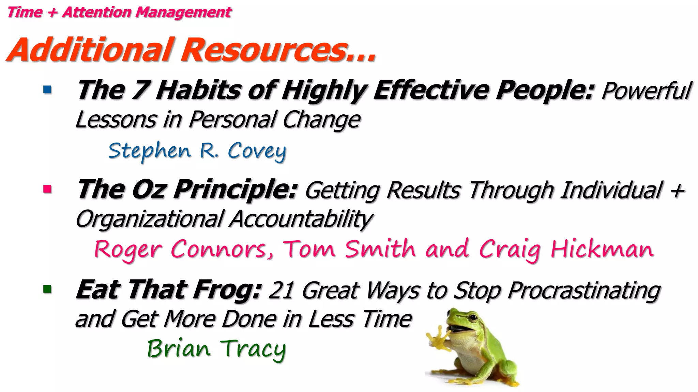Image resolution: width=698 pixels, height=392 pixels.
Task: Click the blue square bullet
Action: click(47, 90)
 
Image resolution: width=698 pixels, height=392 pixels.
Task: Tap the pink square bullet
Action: click(47, 189)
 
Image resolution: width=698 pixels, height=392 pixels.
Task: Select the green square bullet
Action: click(47, 290)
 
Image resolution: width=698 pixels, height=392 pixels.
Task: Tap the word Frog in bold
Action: click(227, 290)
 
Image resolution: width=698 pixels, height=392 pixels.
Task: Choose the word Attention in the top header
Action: click(96, 12)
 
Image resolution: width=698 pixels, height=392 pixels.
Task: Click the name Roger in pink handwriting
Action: click(128, 249)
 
